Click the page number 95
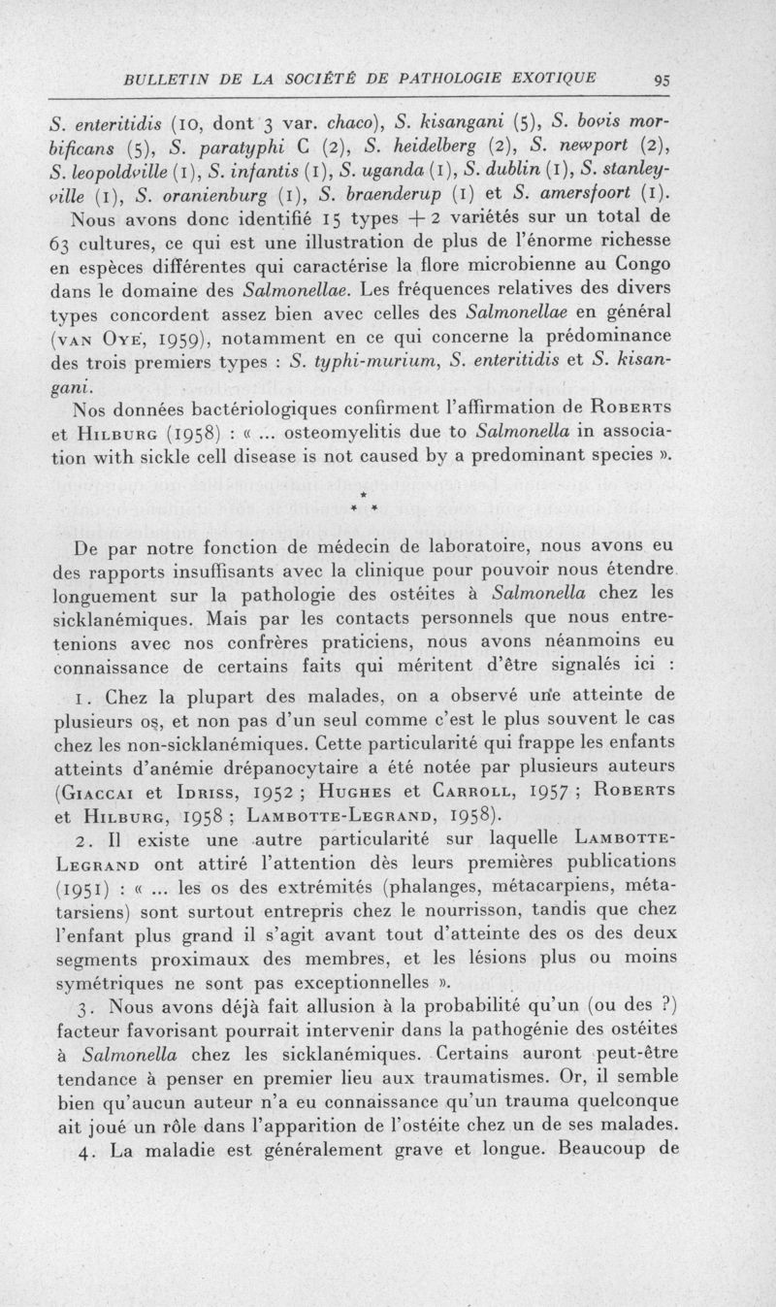[663, 81]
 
